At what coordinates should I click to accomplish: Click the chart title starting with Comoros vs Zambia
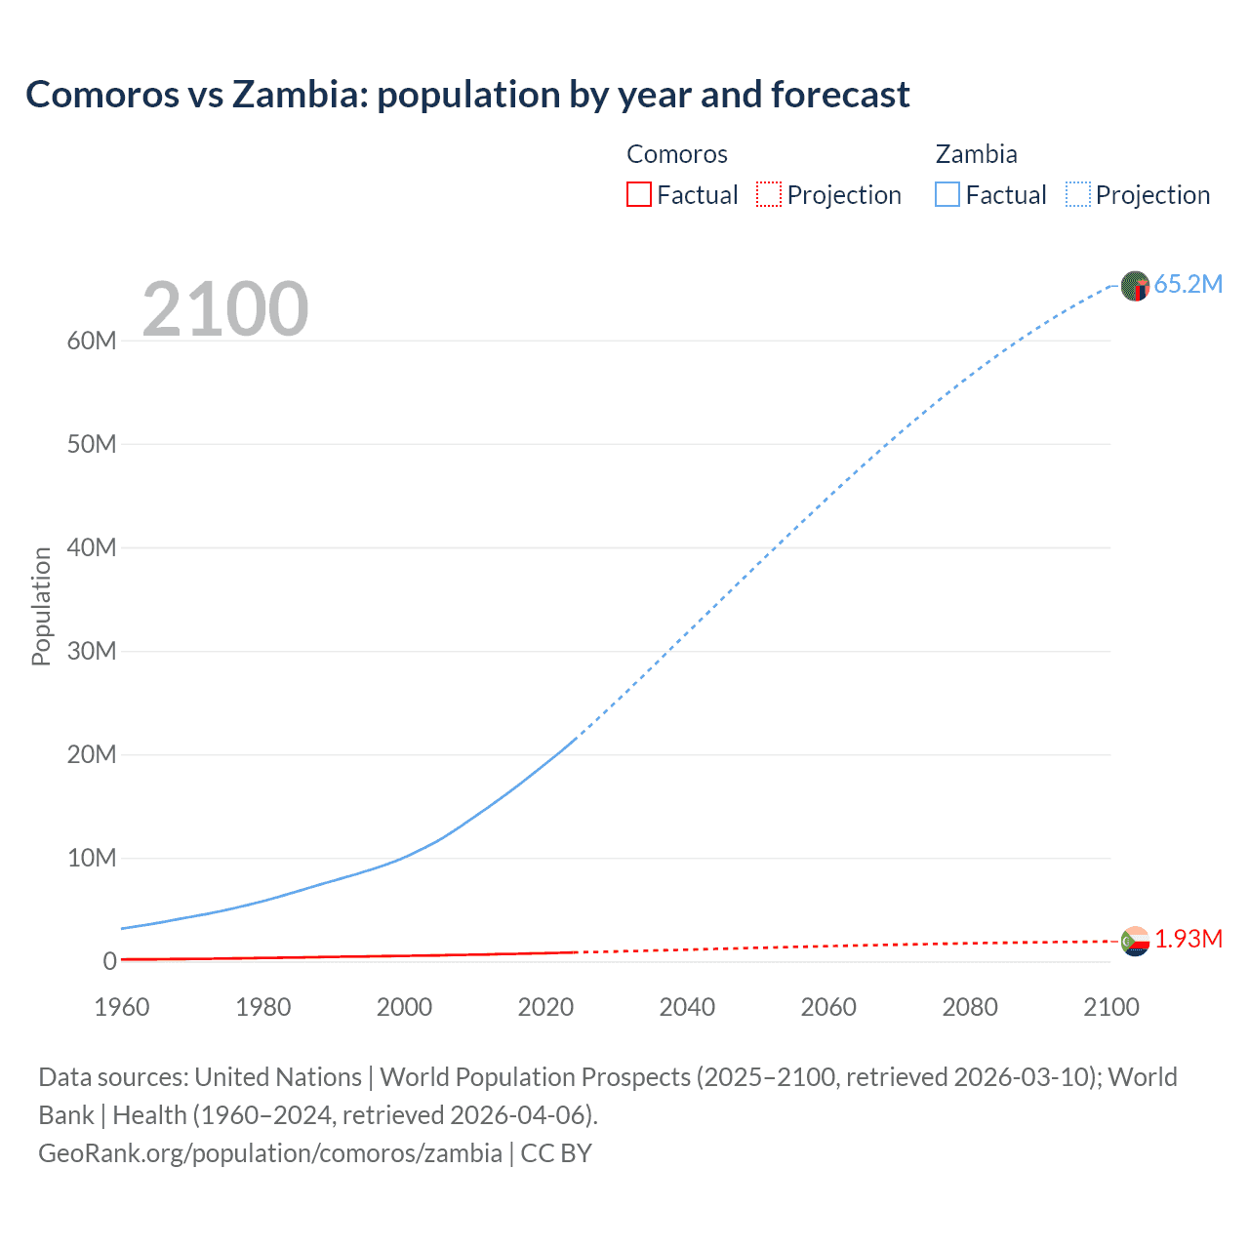[x=467, y=95]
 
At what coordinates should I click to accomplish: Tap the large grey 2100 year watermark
[x=225, y=309]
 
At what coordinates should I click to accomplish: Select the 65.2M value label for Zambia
[x=1188, y=285]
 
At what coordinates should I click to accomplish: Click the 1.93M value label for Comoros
[x=1189, y=939]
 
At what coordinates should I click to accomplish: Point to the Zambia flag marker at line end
[x=1135, y=286]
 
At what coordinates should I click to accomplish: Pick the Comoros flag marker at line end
[x=1135, y=941]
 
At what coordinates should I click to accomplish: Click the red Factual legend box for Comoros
[x=638, y=195]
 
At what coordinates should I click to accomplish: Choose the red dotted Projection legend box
[x=769, y=195]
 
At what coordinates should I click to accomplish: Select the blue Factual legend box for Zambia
[x=947, y=195]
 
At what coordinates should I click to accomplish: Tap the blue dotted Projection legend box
[x=1077, y=195]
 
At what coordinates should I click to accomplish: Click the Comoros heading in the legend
[x=676, y=154]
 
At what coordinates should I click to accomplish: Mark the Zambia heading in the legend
[x=976, y=154]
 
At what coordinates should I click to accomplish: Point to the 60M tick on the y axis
[x=92, y=341]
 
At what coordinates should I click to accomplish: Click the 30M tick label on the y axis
[x=92, y=651]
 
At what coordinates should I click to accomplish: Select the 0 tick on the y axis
[x=109, y=961]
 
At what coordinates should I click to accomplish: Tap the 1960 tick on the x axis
[x=122, y=1007]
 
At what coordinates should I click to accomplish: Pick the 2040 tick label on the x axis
[x=687, y=1007]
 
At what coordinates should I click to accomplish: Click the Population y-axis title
[x=41, y=606]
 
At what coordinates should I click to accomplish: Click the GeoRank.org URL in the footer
[x=269, y=1153]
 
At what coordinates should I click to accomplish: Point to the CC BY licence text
[x=556, y=1153]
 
